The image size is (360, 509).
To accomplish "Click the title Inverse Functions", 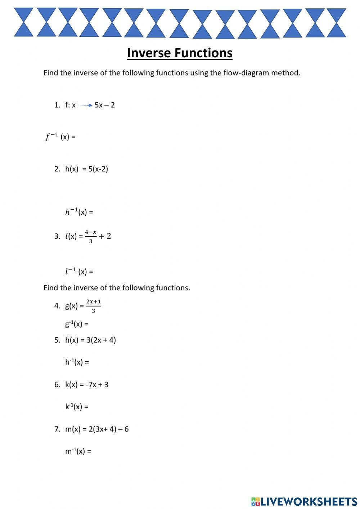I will (180, 53).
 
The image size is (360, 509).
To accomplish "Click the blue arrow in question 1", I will (85, 105).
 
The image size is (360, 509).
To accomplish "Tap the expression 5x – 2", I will (105, 105).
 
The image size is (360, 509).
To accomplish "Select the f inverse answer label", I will (60, 137).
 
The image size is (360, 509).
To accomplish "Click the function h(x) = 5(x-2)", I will (86, 169).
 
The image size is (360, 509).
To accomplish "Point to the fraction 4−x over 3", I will (91, 236).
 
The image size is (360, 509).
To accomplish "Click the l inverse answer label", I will (79, 271).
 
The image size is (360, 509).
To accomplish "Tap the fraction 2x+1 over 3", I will (93, 306).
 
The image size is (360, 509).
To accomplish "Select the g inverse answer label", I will (77, 324).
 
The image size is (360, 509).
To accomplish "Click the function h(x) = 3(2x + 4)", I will (90, 340).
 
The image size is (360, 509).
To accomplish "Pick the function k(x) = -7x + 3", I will (86, 384).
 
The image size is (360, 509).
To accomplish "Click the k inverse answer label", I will (77, 407).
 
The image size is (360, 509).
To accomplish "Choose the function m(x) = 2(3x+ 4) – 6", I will (96, 429).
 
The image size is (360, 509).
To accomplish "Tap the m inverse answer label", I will (78, 451).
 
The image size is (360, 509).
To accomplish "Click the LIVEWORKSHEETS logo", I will (304, 501).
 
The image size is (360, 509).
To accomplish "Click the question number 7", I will (57, 429).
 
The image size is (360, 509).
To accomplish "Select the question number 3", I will (57, 236).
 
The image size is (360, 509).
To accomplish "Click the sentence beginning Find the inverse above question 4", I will (117, 288).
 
